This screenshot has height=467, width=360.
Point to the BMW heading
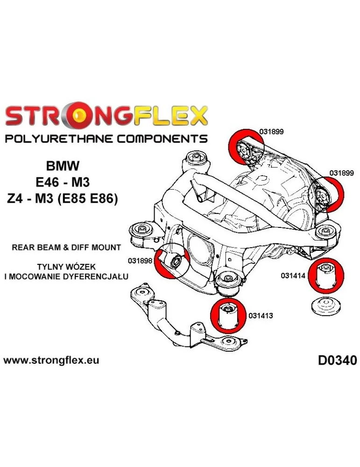63,166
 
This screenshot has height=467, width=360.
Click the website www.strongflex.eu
51,361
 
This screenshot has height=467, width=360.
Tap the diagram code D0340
337,361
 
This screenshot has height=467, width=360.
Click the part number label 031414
293,276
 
